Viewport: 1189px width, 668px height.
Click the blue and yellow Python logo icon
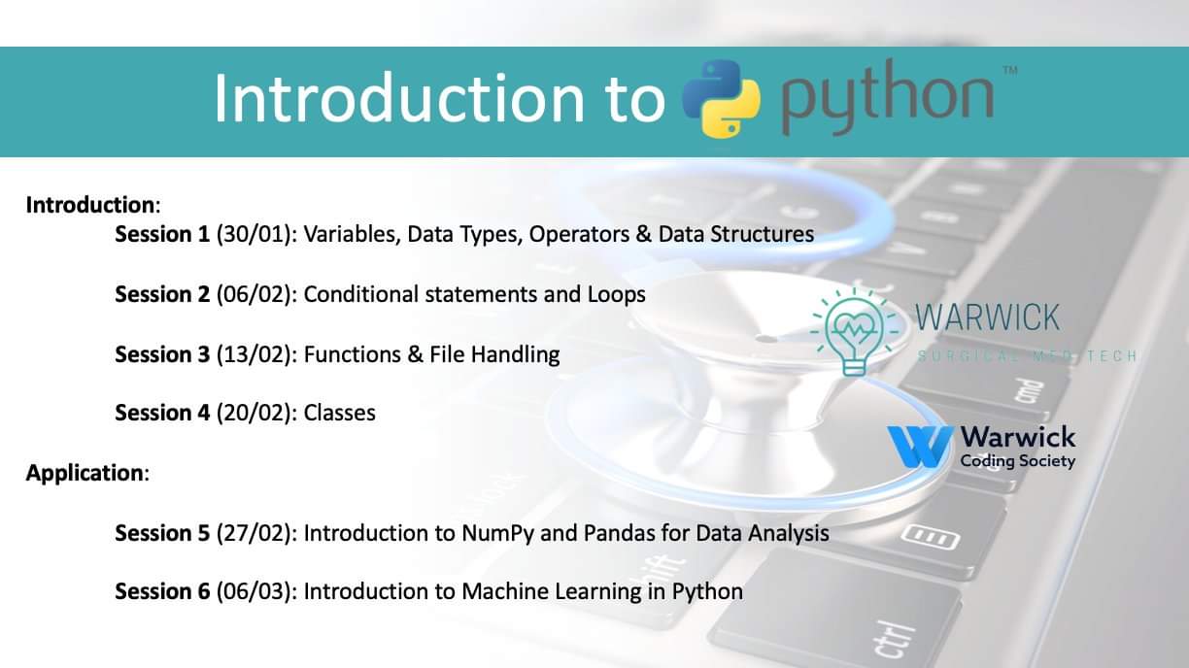tap(721, 99)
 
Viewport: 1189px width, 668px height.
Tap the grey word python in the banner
tap(887, 97)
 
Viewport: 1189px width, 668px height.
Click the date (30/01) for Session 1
tap(256, 235)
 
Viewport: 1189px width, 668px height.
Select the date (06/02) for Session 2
tap(256, 294)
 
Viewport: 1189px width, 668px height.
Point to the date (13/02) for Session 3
tap(256, 354)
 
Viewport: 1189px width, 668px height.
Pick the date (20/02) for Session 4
tap(256, 413)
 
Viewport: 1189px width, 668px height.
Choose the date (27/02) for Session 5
tap(256, 533)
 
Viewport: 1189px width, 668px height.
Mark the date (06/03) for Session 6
tap(256, 591)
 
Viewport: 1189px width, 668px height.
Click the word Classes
tap(339, 413)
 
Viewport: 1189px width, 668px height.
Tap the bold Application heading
tap(85, 473)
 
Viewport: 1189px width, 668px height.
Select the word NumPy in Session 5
tap(498, 534)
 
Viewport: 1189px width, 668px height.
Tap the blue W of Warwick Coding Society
tap(920, 447)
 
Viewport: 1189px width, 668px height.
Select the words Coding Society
tap(1018, 461)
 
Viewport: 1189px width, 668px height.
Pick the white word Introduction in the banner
tap(398, 99)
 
